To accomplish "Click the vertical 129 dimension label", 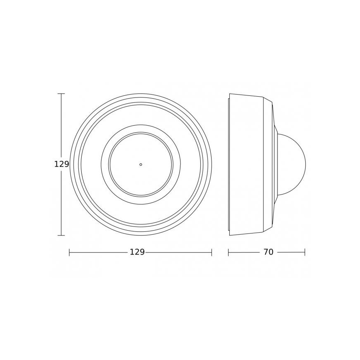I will click(x=61, y=164).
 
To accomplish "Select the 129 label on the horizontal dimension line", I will click(x=137, y=252).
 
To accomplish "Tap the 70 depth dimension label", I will click(x=268, y=252).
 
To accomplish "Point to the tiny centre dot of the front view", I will click(x=141, y=164).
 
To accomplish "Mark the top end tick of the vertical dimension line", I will click(x=61, y=94).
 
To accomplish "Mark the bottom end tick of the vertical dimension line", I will click(x=61, y=235).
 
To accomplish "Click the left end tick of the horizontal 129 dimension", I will click(x=69, y=252).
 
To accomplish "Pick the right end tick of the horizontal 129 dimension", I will click(x=212, y=252).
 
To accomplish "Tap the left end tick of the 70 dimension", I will click(x=229, y=252).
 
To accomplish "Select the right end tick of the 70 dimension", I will click(x=305, y=252).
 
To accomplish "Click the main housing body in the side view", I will click(x=247, y=164).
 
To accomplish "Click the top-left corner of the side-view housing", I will click(x=230, y=94).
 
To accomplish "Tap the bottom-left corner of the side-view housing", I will click(x=230, y=235).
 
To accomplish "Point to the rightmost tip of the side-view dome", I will click(x=306, y=164).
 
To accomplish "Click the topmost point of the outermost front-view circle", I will click(x=141, y=94).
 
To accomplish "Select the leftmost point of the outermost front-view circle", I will click(x=70, y=164).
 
